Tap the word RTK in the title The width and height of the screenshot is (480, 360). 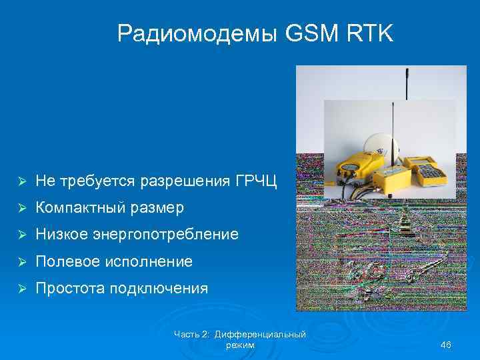click(x=371, y=33)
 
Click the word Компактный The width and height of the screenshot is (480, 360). click(x=76, y=208)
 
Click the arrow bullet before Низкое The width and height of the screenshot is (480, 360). click(x=21, y=235)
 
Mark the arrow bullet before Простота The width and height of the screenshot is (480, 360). click(x=21, y=289)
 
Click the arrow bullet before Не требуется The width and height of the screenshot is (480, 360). click(x=21, y=181)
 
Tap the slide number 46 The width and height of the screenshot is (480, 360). click(x=446, y=344)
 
